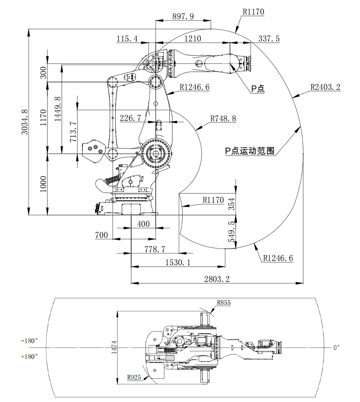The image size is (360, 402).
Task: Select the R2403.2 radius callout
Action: pos(325,87)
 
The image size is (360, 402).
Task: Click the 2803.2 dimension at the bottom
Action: pos(217,279)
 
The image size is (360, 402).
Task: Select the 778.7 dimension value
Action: pos(155,249)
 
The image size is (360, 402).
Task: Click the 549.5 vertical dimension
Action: pos(231,232)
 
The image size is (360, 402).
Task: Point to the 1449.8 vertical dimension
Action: pos(57,108)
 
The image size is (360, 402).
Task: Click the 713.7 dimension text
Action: pos(73,132)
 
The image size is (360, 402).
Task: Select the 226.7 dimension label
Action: pos(130,118)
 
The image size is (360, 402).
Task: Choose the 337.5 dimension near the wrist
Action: pos(269,39)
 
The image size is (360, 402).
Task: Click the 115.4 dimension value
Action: pos(127,39)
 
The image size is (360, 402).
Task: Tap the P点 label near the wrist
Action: pos(258,89)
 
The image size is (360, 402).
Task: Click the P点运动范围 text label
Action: pos(250,151)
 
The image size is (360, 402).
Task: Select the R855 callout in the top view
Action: pos(224,303)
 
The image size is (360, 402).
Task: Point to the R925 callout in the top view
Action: pos(134,377)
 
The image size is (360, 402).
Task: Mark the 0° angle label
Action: pos(336,347)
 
